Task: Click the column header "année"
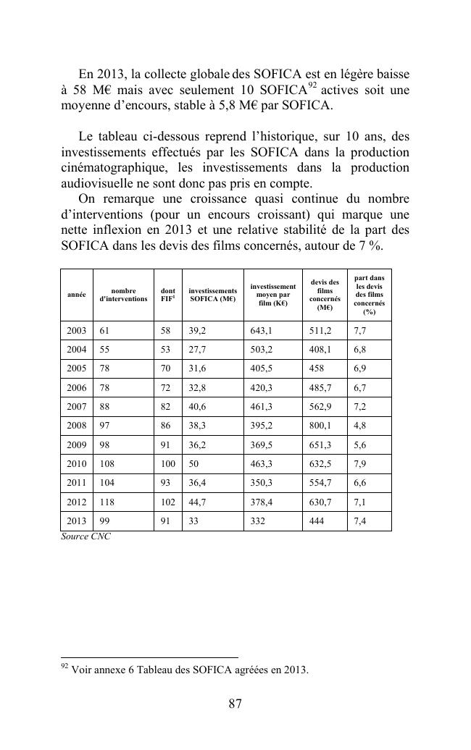point(76,295)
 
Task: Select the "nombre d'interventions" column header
point(123,295)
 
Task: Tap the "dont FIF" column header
point(168,295)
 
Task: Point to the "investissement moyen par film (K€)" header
point(273,295)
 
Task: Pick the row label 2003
point(76,331)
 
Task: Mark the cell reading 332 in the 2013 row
point(257,521)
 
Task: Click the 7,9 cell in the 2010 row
point(360,463)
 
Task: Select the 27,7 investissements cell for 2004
point(197,350)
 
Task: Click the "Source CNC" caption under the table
point(86,537)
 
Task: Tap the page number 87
point(235,704)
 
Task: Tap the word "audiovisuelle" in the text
point(95,183)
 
